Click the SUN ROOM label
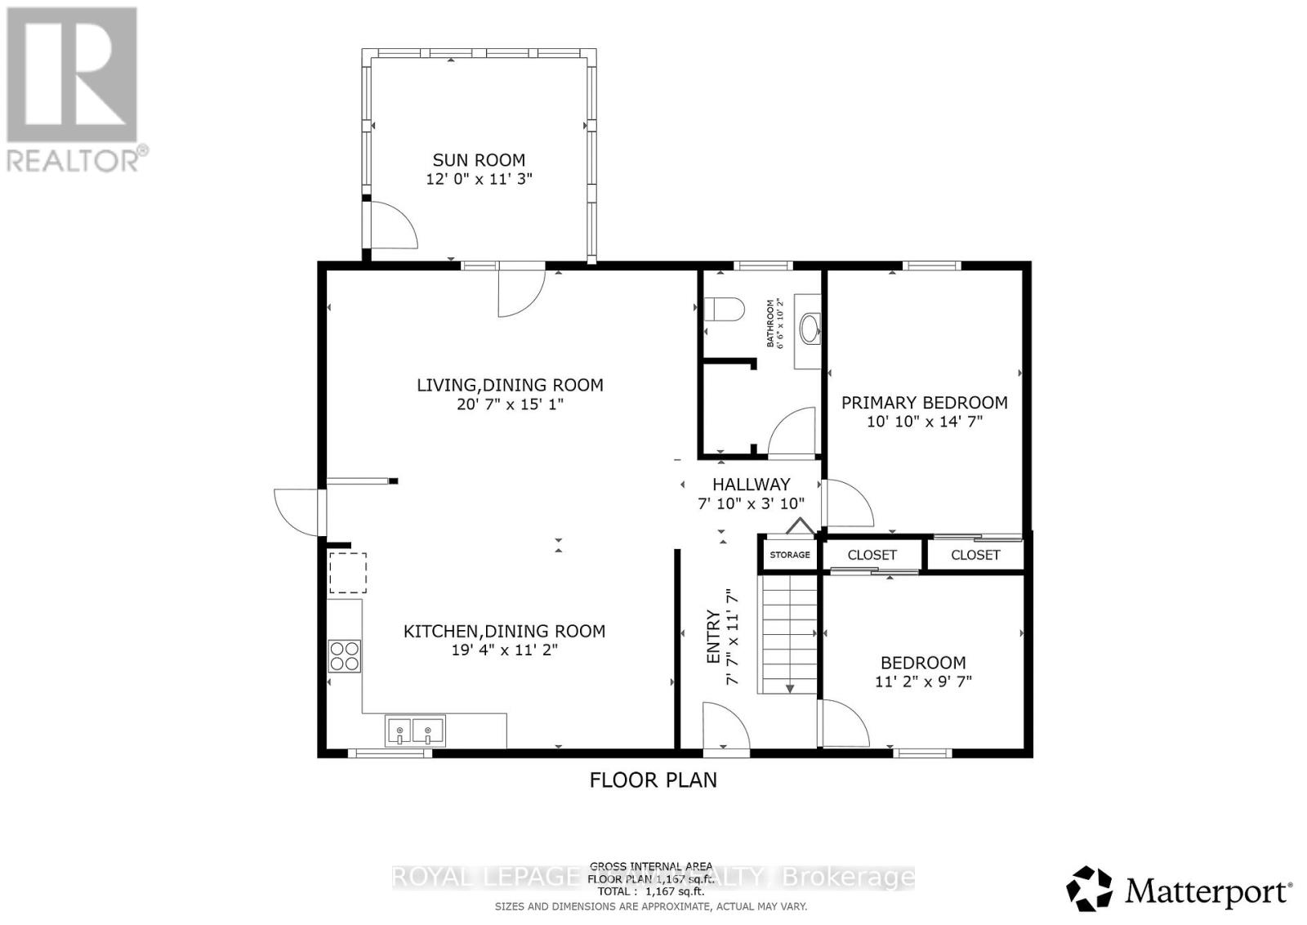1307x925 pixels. pyautogui.click(x=479, y=160)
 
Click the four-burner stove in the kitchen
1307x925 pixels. pyautogui.click(x=345, y=656)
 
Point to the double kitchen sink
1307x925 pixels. pyautogui.click(x=415, y=731)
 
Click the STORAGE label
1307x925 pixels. pyautogui.click(x=790, y=555)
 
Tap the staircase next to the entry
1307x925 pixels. pyautogui.click(x=789, y=635)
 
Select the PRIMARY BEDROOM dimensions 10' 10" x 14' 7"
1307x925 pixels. pyautogui.click(x=924, y=422)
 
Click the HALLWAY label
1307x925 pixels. pyautogui.click(x=751, y=485)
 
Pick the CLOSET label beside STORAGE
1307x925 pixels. pyautogui.click(x=872, y=555)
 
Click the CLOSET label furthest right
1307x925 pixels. pyautogui.click(x=975, y=555)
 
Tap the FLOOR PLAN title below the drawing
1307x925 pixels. pyautogui.click(x=653, y=780)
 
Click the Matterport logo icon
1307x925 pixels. pyautogui.click(x=1090, y=889)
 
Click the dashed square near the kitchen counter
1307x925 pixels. pyautogui.click(x=347, y=573)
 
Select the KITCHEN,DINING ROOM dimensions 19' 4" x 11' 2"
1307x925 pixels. pyautogui.click(x=504, y=650)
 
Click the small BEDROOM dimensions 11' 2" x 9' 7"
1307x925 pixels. pyautogui.click(x=923, y=681)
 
